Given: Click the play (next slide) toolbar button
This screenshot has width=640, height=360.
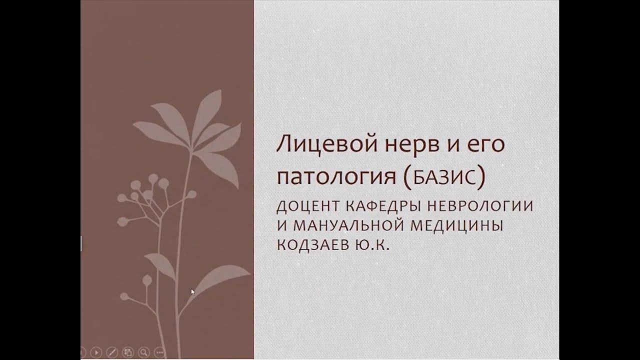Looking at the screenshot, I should tap(96, 351).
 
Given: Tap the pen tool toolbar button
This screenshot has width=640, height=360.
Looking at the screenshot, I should tap(112, 351).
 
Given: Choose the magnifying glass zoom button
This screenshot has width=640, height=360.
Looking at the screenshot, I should tap(144, 351).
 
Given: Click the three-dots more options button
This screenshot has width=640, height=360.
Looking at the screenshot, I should tap(159, 351).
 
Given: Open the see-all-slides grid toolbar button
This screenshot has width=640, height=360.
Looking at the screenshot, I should tap(128, 351).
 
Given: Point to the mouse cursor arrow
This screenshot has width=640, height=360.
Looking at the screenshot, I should tap(193, 291).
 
